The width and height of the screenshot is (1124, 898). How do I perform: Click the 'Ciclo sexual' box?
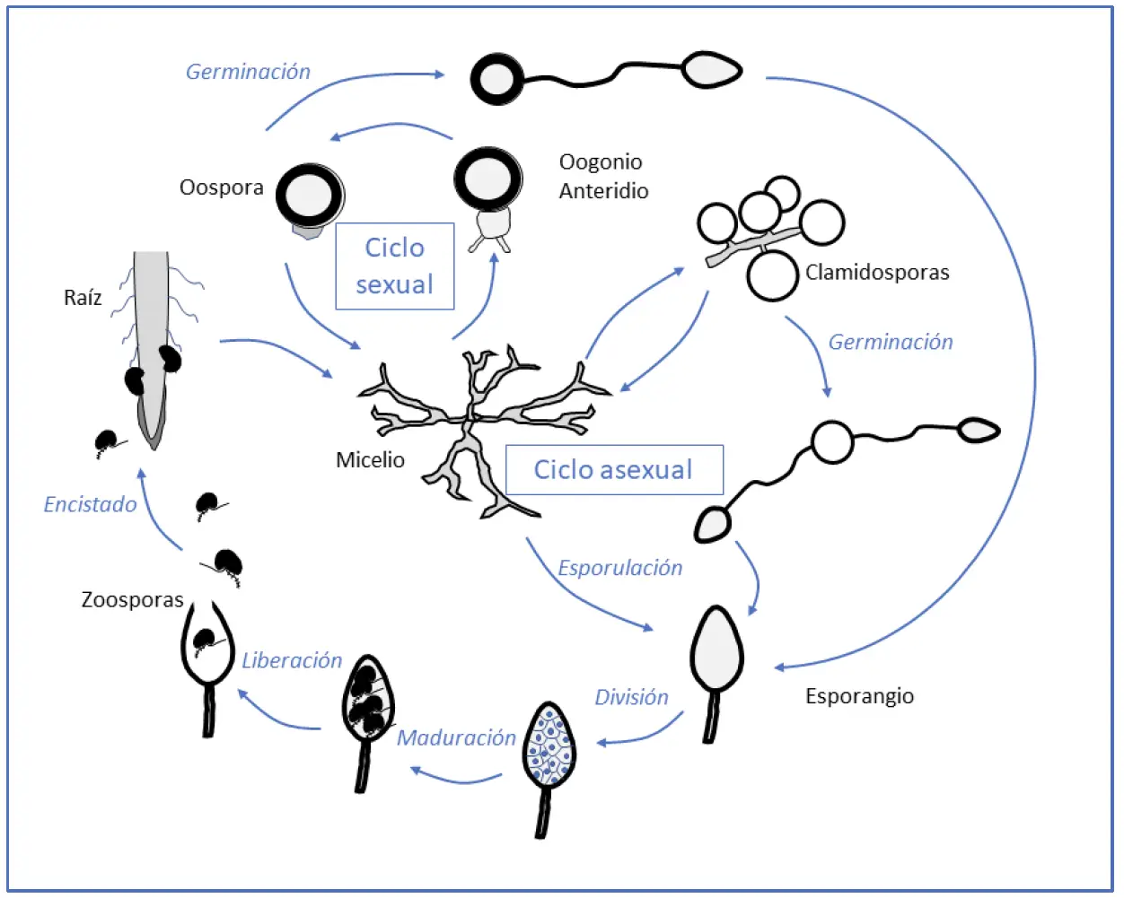click(395, 266)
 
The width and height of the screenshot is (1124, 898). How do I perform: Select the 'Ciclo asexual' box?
click(614, 470)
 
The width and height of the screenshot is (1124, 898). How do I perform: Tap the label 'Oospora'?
click(222, 187)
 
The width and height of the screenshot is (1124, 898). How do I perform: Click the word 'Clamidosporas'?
click(877, 273)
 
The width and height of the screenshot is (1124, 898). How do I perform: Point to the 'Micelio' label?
click(370, 460)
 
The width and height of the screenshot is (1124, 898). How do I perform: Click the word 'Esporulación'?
click(620, 568)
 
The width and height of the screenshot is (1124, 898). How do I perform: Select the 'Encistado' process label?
click(90, 504)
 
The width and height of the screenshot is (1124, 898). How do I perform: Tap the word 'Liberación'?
click(292, 660)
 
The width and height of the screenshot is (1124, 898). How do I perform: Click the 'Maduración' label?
click(456, 737)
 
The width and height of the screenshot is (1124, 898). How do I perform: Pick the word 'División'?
click(632, 697)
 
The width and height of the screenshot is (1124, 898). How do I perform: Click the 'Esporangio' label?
click(859, 696)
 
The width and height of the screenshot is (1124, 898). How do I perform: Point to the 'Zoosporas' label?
click(132, 599)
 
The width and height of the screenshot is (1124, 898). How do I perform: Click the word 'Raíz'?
click(83, 298)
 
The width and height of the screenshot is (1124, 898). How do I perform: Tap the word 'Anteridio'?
click(603, 191)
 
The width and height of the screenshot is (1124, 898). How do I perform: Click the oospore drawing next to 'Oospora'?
click(310, 197)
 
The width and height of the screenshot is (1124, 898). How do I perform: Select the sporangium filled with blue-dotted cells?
click(549, 745)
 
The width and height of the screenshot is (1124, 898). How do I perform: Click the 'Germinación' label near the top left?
click(248, 72)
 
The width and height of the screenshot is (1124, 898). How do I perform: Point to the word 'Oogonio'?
click(601, 161)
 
